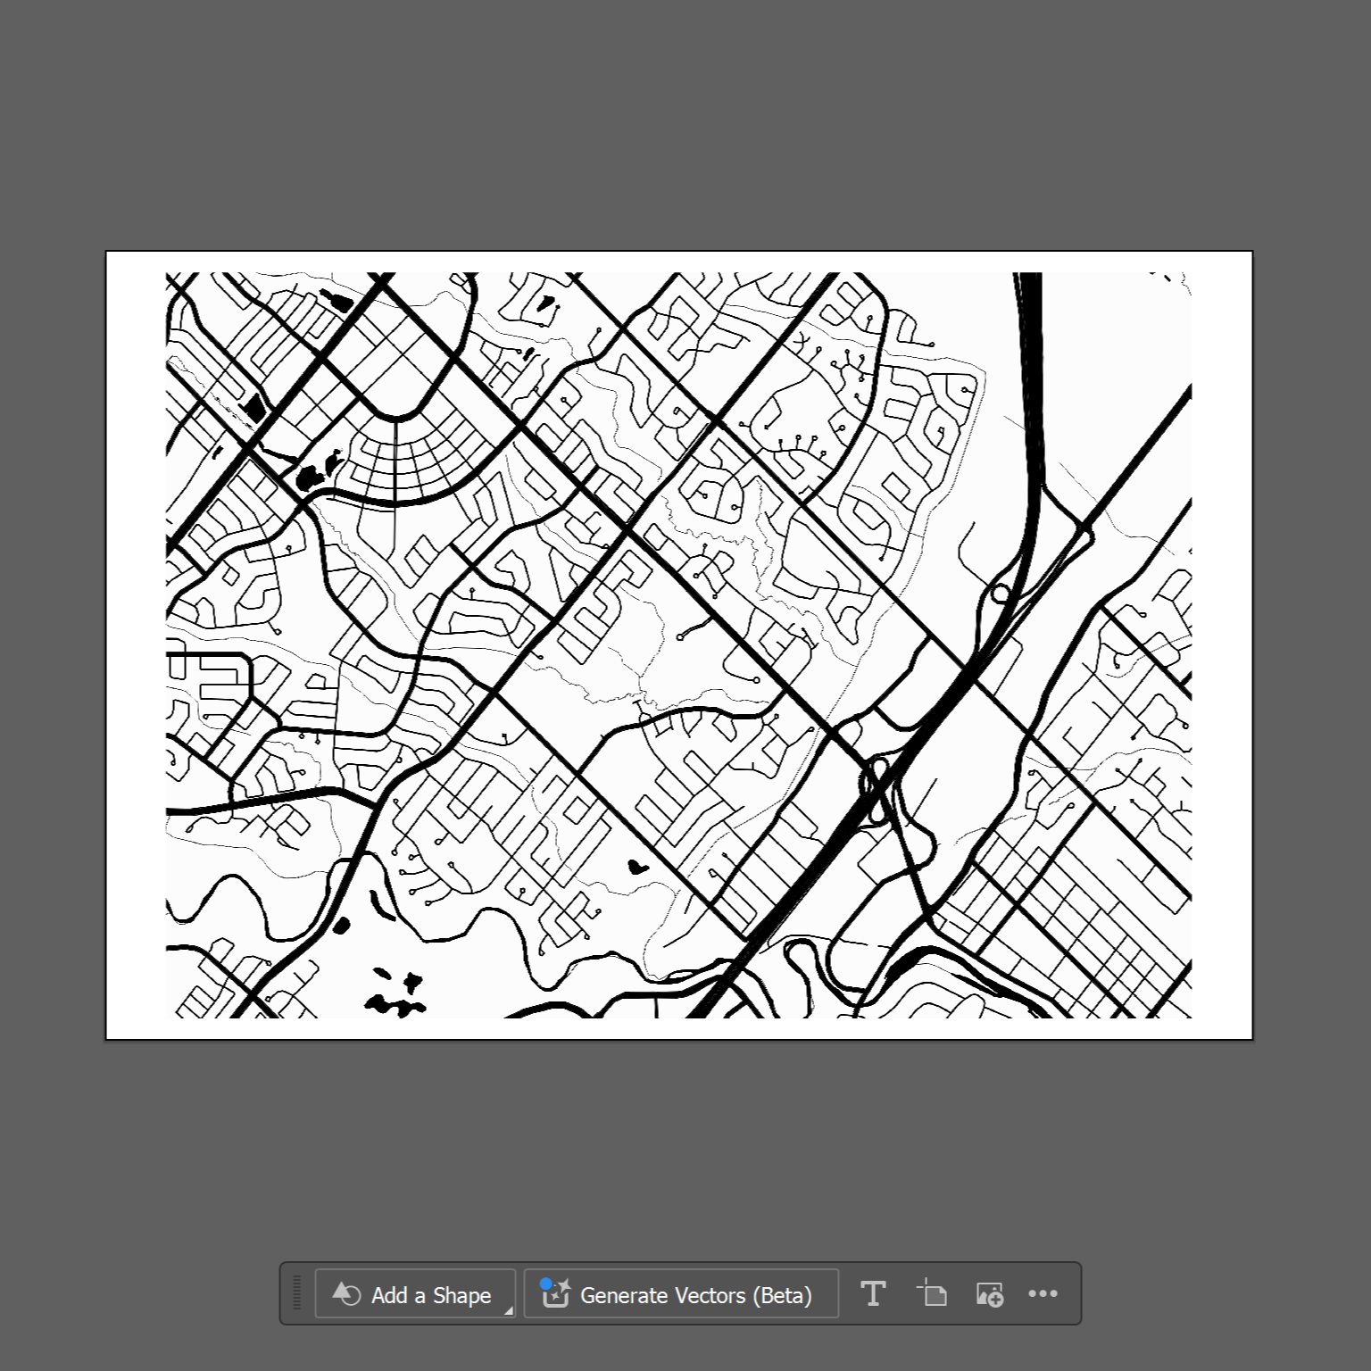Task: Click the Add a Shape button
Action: click(414, 1294)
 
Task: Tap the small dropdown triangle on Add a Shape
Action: click(509, 1310)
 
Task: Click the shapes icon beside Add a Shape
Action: click(346, 1294)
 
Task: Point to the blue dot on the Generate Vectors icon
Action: click(546, 1284)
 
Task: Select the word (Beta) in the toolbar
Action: click(783, 1295)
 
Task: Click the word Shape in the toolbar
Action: click(461, 1295)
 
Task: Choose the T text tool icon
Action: click(873, 1293)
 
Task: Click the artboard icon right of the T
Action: click(932, 1293)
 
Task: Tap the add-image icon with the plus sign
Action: click(990, 1294)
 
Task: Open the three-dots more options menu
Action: click(1043, 1293)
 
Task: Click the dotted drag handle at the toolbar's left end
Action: click(297, 1293)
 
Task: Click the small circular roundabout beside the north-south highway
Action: click(1001, 594)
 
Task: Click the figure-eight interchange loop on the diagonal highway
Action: click(875, 779)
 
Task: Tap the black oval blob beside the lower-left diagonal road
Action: click(340, 925)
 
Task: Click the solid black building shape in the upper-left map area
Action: click(255, 407)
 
